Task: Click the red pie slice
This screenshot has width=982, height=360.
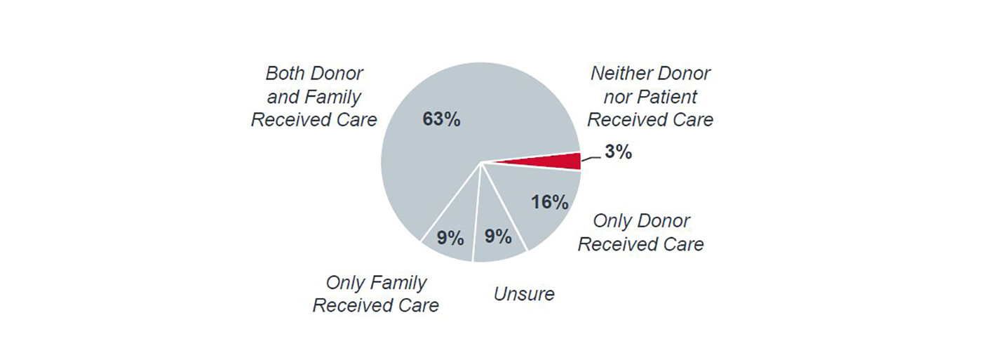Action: [x=554, y=162]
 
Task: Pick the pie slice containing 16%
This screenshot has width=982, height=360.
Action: [x=540, y=211]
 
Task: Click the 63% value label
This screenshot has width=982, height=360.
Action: [x=441, y=119]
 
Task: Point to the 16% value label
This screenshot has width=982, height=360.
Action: [x=549, y=202]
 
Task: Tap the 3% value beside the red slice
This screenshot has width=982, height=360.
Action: [x=618, y=152]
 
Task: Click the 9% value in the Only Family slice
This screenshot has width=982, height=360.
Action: [x=450, y=238]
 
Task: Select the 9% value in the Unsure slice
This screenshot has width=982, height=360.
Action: [x=498, y=236]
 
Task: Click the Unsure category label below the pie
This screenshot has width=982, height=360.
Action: [x=524, y=293]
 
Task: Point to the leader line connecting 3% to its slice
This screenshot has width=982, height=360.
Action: [x=590, y=159]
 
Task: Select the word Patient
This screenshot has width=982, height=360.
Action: [x=668, y=96]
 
